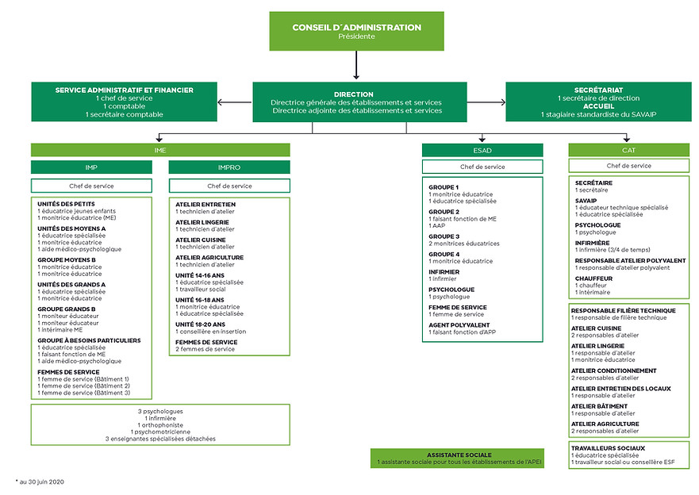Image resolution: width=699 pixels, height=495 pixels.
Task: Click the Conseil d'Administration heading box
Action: click(x=356, y=31)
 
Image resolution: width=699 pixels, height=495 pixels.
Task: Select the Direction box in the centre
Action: click(x=355, y=102)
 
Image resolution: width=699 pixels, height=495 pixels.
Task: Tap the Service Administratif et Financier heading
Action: click(x=125, y=90)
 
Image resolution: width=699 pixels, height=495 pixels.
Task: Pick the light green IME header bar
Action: click(x=160, y=149)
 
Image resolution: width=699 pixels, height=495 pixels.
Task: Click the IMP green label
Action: click(x=91, y=167)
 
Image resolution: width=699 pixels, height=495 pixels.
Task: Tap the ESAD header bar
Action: click(x=482, y=149)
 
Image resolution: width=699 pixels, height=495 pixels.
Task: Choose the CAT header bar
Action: click(x=628, y=149)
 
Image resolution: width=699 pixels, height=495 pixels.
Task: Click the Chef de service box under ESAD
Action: click(x=482, y=167)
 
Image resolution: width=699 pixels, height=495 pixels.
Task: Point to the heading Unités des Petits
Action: click(x=66, y=204)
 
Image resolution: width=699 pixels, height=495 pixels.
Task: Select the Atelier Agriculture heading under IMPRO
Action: click(x=209, y=258)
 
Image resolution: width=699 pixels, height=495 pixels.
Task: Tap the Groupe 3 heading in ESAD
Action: click(x=444, y=236)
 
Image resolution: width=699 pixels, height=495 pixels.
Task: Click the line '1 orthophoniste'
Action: click(x=160, y=424)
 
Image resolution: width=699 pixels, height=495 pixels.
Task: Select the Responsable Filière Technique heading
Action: click(x=624, y=310)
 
